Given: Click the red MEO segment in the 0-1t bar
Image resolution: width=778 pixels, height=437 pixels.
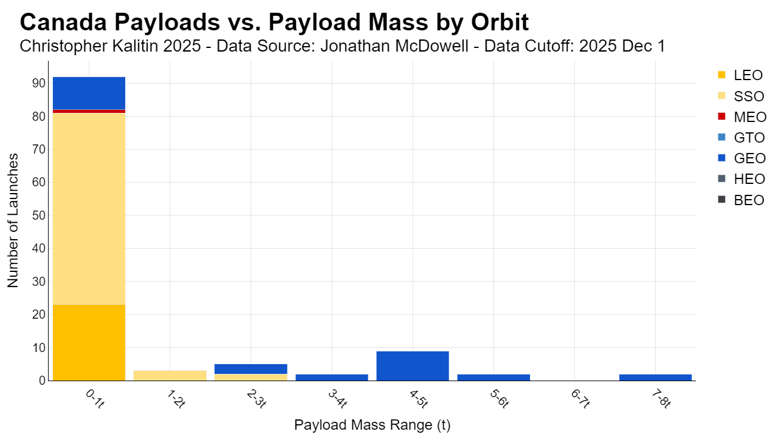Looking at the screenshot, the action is (89, 111).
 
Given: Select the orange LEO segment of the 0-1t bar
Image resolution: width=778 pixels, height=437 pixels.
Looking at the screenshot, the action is (89, 343).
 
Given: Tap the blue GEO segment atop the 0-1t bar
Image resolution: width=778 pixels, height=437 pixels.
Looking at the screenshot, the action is (89, 93).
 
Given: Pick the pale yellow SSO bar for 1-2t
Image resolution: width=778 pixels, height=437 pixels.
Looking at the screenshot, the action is (170, 376).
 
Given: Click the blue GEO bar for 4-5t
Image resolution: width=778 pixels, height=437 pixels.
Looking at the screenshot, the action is (413, 366).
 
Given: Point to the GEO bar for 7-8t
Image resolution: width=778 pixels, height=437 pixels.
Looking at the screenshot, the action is (655, 378).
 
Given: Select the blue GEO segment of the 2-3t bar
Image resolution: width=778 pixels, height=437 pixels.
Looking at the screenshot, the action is (251, 369).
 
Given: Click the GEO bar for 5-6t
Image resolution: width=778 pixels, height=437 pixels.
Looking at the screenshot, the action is (494, 378).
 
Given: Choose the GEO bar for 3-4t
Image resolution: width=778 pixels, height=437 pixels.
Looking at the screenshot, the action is (332, 378).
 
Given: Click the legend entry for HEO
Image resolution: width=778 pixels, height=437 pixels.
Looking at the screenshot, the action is (741, 179).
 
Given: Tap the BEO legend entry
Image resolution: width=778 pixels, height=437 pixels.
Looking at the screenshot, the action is (741, 200).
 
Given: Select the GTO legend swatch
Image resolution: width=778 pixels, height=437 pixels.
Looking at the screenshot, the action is (721, 137).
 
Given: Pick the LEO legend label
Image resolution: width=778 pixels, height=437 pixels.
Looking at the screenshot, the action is (748, 75).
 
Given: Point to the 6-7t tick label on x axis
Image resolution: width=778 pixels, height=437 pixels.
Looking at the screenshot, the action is (580, 399).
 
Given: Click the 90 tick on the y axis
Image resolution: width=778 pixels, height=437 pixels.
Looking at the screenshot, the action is (38, 83).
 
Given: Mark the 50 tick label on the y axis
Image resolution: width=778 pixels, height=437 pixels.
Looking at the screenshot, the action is (38, 215).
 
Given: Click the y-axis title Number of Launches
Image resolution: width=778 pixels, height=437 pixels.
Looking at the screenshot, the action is (13, 220).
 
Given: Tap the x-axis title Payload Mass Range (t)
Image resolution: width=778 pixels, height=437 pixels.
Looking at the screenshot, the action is (373, 425).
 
